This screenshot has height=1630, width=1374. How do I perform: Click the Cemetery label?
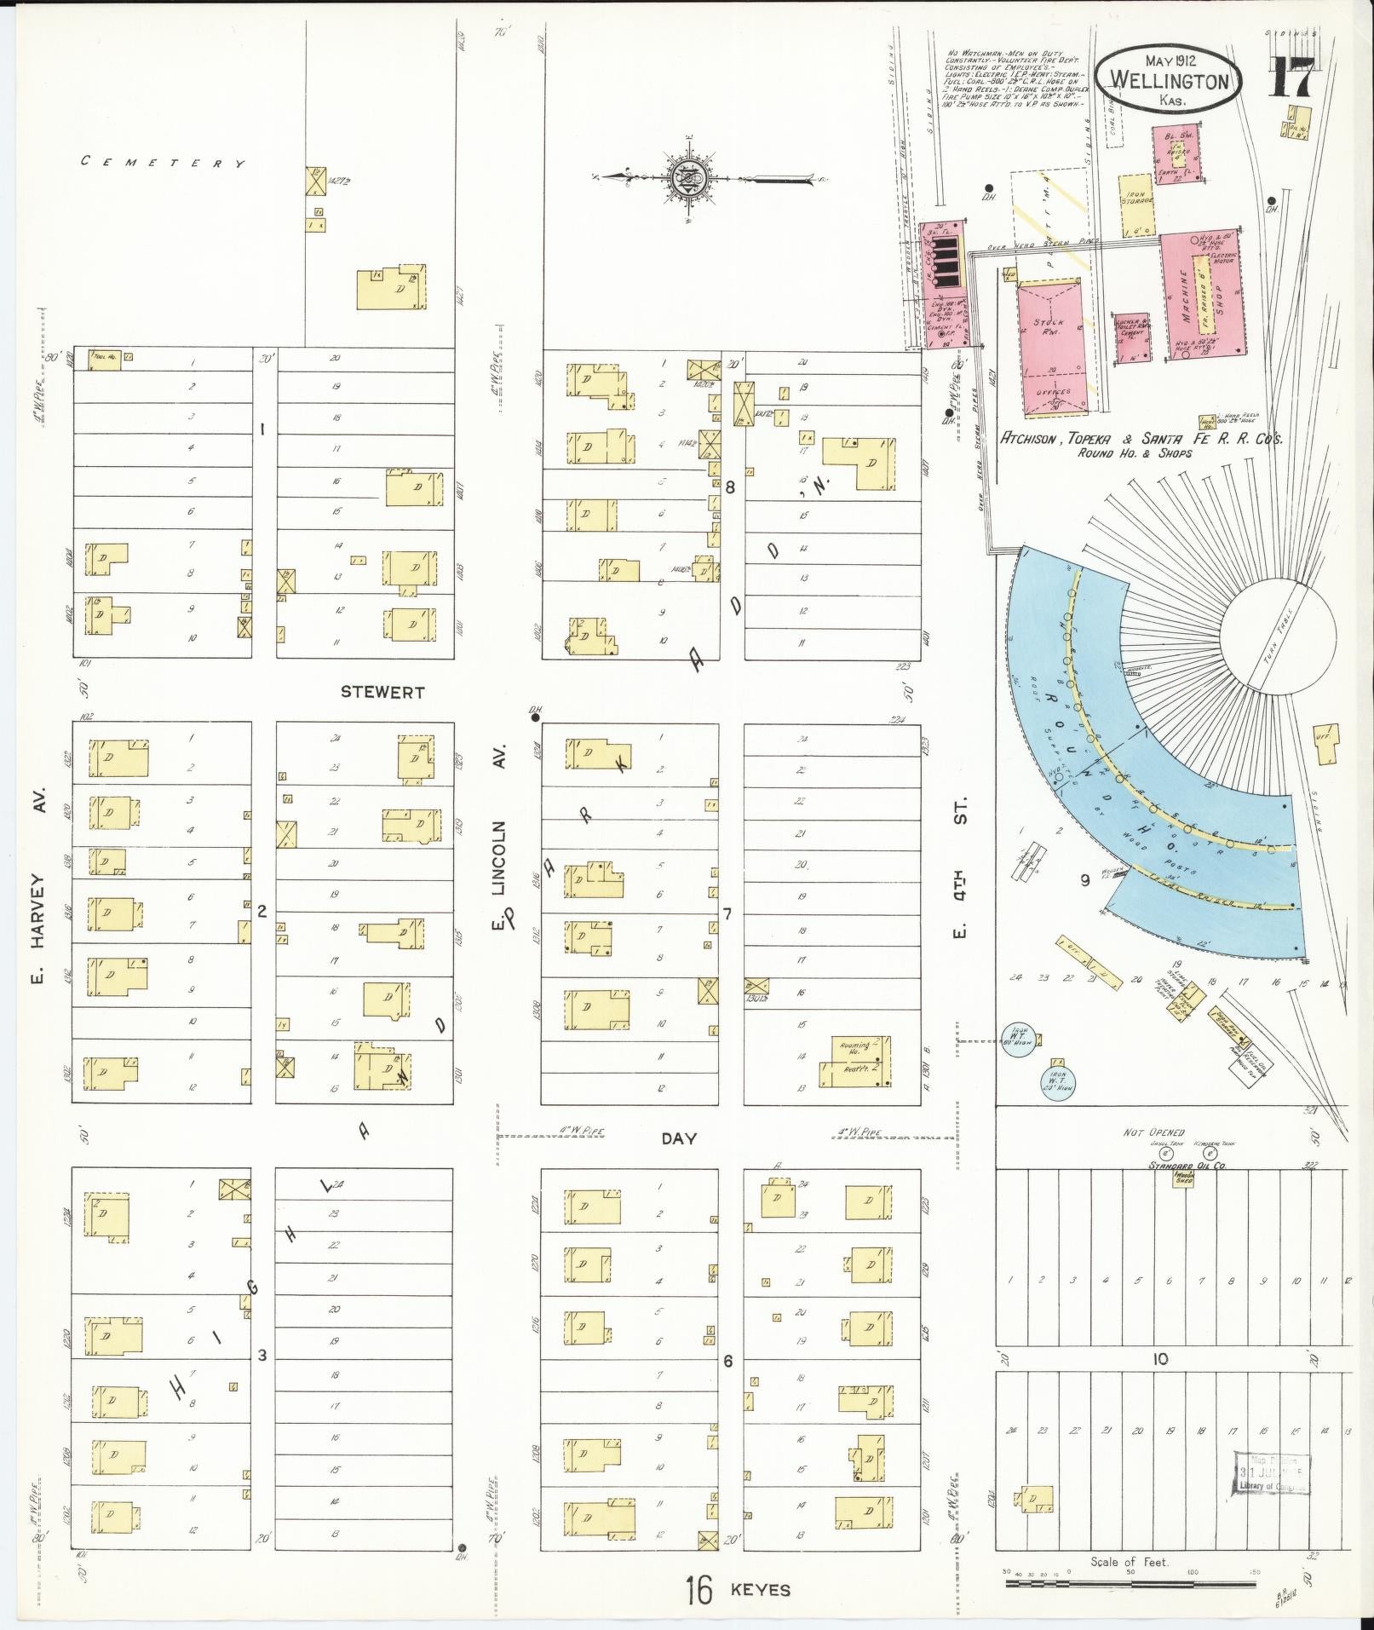pyautogui.click(x=164, y=162)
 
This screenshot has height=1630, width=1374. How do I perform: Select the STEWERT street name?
pyautogui.click(x=382, y=692)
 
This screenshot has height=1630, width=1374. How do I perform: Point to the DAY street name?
pyautogui.click(x=679, y=1138)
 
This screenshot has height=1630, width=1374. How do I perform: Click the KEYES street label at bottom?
pyautogui.click(x=760, y=1589)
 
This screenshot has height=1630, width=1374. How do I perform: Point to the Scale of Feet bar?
pyautogui.click(x=1130, y=1583)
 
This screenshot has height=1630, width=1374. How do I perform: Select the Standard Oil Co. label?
pyautogui.click(x=1186, y=1165)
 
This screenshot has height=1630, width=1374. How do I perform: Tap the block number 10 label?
pyautogui.click(x=1160, y=1359)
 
